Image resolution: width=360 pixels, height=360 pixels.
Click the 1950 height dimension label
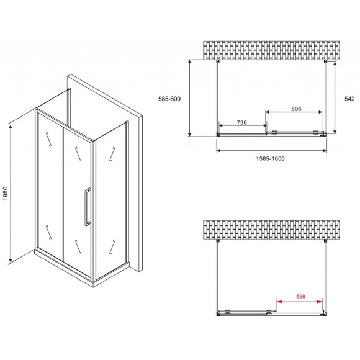6,191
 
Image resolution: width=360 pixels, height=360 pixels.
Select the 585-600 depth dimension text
168,98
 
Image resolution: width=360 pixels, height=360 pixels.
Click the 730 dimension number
241,123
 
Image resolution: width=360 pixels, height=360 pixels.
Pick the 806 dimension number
296,109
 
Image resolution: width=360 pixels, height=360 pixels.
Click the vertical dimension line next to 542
335,98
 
